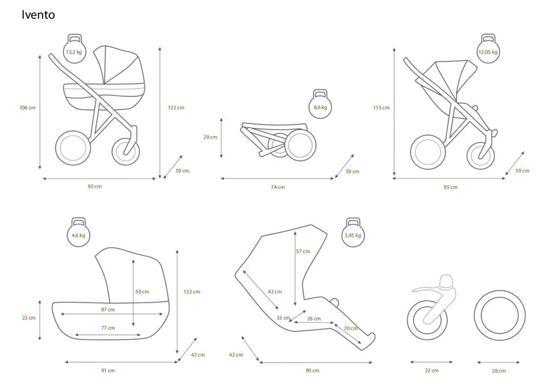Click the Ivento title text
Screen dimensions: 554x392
click(38, 14)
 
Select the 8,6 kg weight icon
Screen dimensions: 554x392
click(320, 104)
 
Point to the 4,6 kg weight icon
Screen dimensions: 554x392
click(78, 232)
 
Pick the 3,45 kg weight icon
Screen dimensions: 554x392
click(353, 232)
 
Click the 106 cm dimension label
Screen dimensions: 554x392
click(27, 108)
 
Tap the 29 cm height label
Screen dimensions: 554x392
click(210, 137)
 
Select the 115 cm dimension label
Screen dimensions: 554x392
click(381, 108)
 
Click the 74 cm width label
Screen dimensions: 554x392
click(278, 187)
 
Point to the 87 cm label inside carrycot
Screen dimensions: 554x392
click(108, 310)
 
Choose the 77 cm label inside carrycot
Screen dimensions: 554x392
click(108, 328)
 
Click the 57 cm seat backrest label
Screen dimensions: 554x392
click(303, 251)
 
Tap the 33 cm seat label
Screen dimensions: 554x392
click(283, 318)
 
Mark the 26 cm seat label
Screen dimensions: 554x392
click(314, 319)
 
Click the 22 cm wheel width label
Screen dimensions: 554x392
click(432, 371)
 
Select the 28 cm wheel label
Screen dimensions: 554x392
click(499, 371)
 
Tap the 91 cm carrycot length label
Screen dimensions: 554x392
click(108, 371)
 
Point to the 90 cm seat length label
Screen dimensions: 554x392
click(312, 371)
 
